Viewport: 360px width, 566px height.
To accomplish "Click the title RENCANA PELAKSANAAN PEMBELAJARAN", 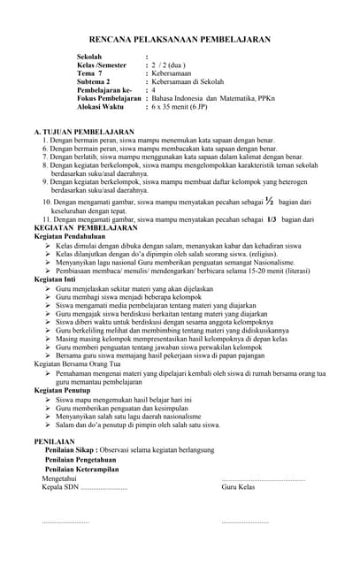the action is point(180,40).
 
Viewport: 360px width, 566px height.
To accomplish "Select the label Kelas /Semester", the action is point(102,65).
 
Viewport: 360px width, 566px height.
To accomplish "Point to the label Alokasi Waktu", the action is point(100,106).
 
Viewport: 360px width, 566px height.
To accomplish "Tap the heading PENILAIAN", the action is point(55,440).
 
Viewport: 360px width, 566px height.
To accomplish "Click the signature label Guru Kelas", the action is point(238,487).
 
